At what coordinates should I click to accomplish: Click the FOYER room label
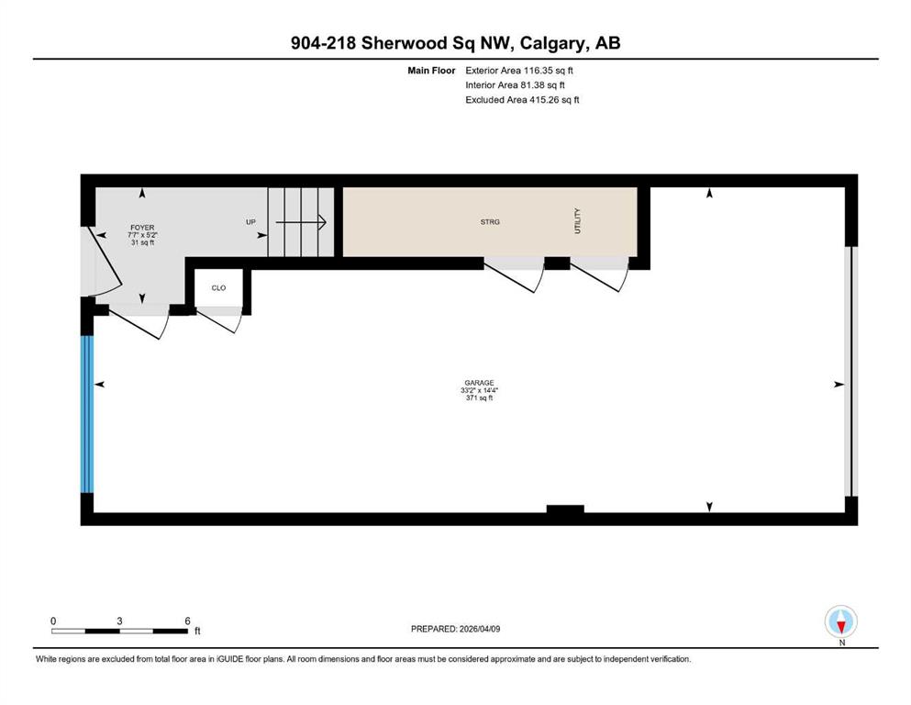[x=142, y=228]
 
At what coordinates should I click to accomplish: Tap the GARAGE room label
[x=479, y=383]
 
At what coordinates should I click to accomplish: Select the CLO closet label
[x=218, y=287]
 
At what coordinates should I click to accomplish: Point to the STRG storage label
[x=490, y=221]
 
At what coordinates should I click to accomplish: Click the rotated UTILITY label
[x=577, y=221]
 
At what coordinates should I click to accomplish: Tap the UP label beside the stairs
[x=250, y=222]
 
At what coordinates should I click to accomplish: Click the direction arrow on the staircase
[x=300, y=222]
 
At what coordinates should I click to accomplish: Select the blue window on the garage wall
[x=86, y=414]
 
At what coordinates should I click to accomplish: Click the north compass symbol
[x=840, y=621]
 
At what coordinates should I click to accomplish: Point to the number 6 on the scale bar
[x=187, y=621]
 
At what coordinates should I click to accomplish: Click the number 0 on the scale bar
[x=53, y=621]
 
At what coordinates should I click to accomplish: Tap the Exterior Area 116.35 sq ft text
[x=519, y=71]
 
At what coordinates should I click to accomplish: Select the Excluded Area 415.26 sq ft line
[x=522, y=99]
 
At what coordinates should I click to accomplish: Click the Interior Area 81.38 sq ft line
[x=515, y=84]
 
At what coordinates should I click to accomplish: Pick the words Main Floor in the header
[x=431, y=71]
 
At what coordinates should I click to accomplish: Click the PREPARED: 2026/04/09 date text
[x=455, y=629]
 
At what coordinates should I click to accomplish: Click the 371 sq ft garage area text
[x=479, y=398]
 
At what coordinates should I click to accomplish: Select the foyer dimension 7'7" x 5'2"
[x=142, y=235]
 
